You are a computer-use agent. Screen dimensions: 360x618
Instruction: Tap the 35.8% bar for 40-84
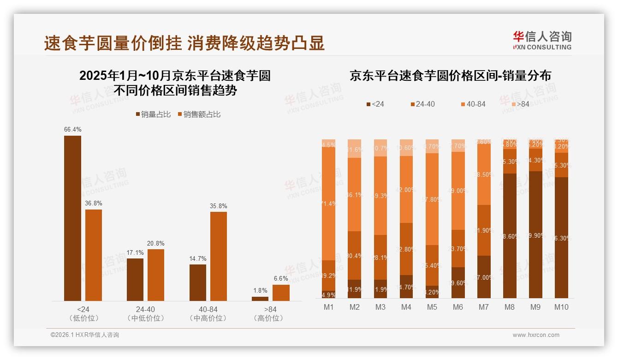[x=219, y=256]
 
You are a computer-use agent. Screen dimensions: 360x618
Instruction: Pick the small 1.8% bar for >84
[x=260, y=299]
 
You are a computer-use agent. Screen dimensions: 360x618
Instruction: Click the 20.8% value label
[x=155, y=243]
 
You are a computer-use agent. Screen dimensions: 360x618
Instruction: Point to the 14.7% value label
[x=198, y=258]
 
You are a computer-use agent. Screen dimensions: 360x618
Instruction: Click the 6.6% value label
[x=280, y=278]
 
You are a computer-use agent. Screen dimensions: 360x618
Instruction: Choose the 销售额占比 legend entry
[x=199, y=114]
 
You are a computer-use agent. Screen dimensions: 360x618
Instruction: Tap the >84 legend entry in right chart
[x=519, y=104]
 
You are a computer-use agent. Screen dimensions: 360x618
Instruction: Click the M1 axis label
[x=328, y=307]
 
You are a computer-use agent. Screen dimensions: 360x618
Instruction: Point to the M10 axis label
[x=561, y=307]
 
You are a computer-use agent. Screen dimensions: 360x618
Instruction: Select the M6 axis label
[x=458, y=307]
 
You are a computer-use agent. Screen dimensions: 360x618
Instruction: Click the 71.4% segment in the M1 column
[x=328, y=203]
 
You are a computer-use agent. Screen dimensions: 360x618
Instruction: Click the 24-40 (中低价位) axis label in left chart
[x=145, y=313]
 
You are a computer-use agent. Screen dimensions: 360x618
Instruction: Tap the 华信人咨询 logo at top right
[x=542, y=40]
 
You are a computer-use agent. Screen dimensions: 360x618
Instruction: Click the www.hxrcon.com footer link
[x=536, y=335]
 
